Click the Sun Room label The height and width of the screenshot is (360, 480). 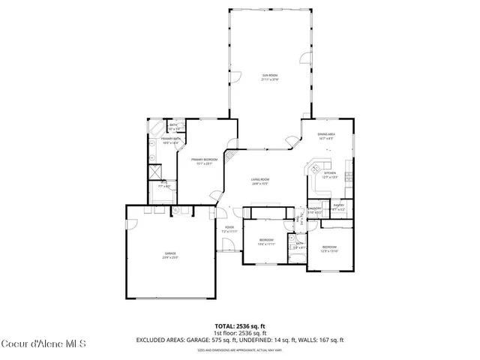(x=270, y=77)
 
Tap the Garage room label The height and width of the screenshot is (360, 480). (x=171, y=256)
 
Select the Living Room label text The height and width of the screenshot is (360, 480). (x=260, y=181)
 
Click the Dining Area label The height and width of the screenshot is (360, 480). (x=326, y=136)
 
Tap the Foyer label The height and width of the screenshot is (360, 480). (x=229, y=229)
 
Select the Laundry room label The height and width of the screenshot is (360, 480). (x=316, y=210)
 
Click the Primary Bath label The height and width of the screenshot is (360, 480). (x=171, y=140)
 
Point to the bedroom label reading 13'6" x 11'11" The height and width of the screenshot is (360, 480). (x=266, y=241)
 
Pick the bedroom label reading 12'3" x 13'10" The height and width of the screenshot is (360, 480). (x=330, y=248)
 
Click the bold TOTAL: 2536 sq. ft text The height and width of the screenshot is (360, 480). (x=240, y=325)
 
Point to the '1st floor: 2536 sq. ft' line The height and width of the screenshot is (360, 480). (x=240, y=332)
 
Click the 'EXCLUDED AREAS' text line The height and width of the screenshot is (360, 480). (x=240, y=340)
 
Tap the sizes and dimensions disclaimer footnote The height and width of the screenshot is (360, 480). (x=240, y=349)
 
